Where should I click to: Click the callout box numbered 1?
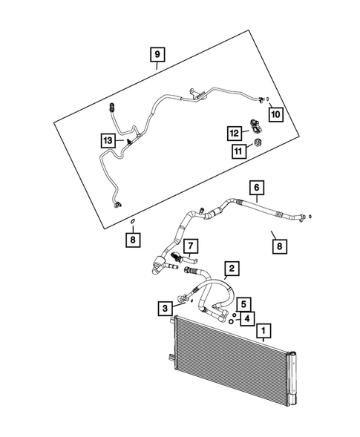point(264,326)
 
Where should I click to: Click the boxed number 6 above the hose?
point(258,188)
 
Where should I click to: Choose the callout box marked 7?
point(190,246)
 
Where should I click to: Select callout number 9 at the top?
point(157,54)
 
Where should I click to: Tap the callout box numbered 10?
point(275,114)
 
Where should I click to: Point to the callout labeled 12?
point(235,133)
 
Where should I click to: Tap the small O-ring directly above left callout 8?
point(131,221)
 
